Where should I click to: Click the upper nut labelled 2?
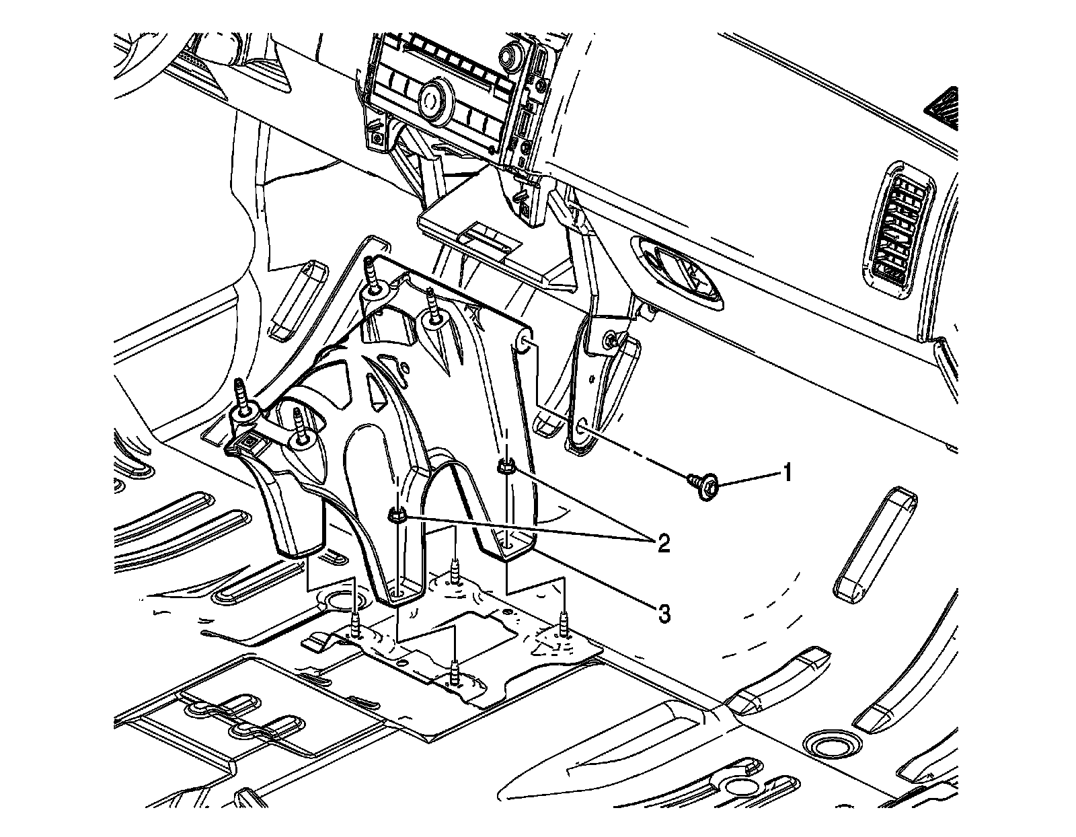[506, 466]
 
